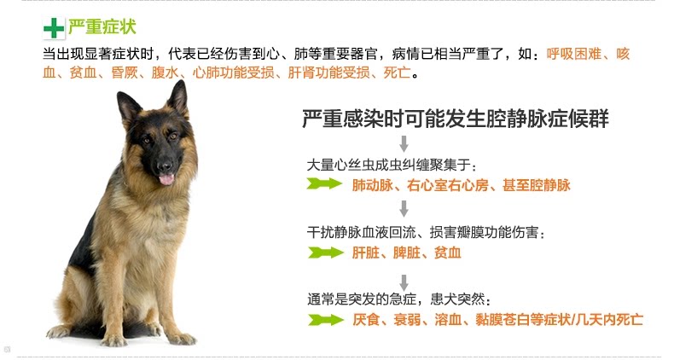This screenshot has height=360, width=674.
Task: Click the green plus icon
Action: pos(53,29)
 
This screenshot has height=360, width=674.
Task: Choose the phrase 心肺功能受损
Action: pos(235,73)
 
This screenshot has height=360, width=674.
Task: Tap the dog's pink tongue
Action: pos(166,178)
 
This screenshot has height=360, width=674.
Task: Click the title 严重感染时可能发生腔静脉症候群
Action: pos(456,119)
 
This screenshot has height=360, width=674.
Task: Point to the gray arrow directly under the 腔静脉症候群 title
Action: pos(403,142)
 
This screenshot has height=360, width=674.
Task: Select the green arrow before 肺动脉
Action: pos(324,184)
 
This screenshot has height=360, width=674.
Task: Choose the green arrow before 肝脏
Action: pos(324,253)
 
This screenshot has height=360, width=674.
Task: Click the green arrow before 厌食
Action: pos(324,320)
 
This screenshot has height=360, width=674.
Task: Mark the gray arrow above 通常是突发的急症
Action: pos(403,281)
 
